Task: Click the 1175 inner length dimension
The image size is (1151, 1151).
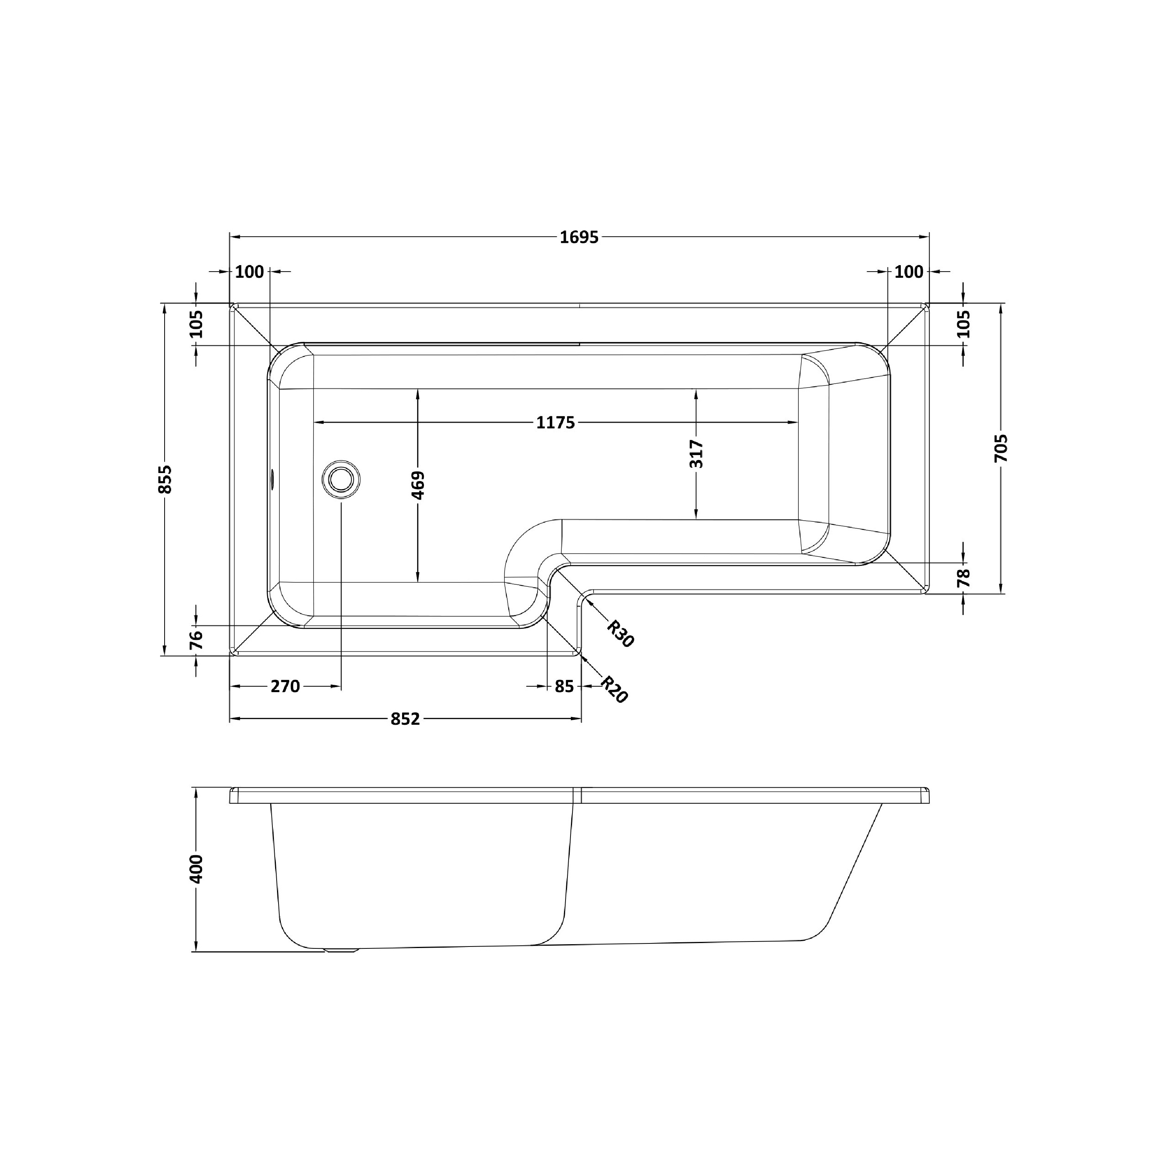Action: point(555,422)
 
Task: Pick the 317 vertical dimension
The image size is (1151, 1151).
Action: point(696,453)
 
